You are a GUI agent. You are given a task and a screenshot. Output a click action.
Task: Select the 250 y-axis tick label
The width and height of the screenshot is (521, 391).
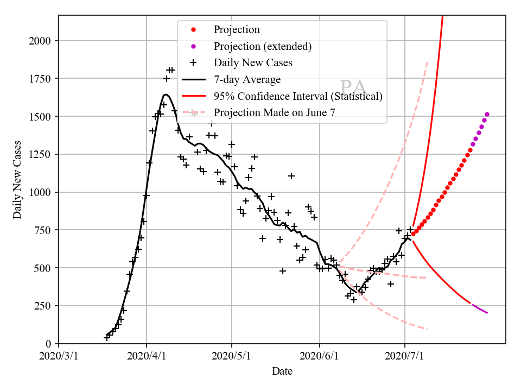45,306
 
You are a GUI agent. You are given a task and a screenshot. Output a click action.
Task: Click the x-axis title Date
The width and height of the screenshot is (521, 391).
282,371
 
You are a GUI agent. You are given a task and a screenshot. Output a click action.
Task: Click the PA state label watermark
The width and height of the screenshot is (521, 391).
353,87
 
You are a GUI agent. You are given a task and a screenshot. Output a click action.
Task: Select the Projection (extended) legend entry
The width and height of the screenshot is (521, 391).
263,46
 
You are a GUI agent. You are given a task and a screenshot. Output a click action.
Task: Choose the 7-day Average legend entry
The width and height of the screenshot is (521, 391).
247,80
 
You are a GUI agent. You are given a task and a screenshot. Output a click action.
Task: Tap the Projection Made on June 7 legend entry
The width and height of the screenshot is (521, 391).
275,113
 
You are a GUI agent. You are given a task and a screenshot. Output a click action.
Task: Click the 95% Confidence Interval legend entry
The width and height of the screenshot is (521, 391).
298,97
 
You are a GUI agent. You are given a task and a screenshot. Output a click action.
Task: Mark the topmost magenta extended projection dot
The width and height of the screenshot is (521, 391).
487,114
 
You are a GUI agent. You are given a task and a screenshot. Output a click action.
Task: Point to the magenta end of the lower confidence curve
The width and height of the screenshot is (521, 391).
487,313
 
